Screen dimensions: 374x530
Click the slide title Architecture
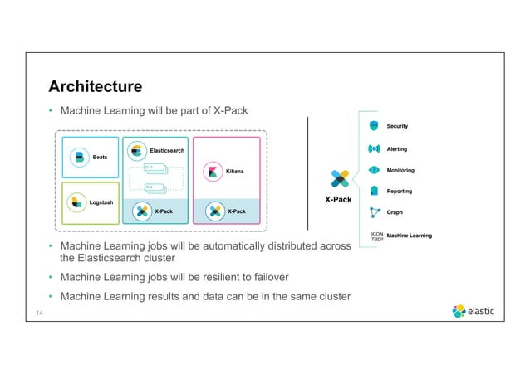95,86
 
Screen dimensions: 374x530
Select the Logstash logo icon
77,202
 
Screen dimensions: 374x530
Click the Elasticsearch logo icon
138,151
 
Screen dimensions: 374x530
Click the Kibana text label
237,171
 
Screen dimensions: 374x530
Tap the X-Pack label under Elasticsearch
163,211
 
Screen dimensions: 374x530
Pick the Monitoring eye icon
374,170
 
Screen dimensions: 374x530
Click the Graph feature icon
374,212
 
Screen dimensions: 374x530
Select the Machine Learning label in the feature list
410,236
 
